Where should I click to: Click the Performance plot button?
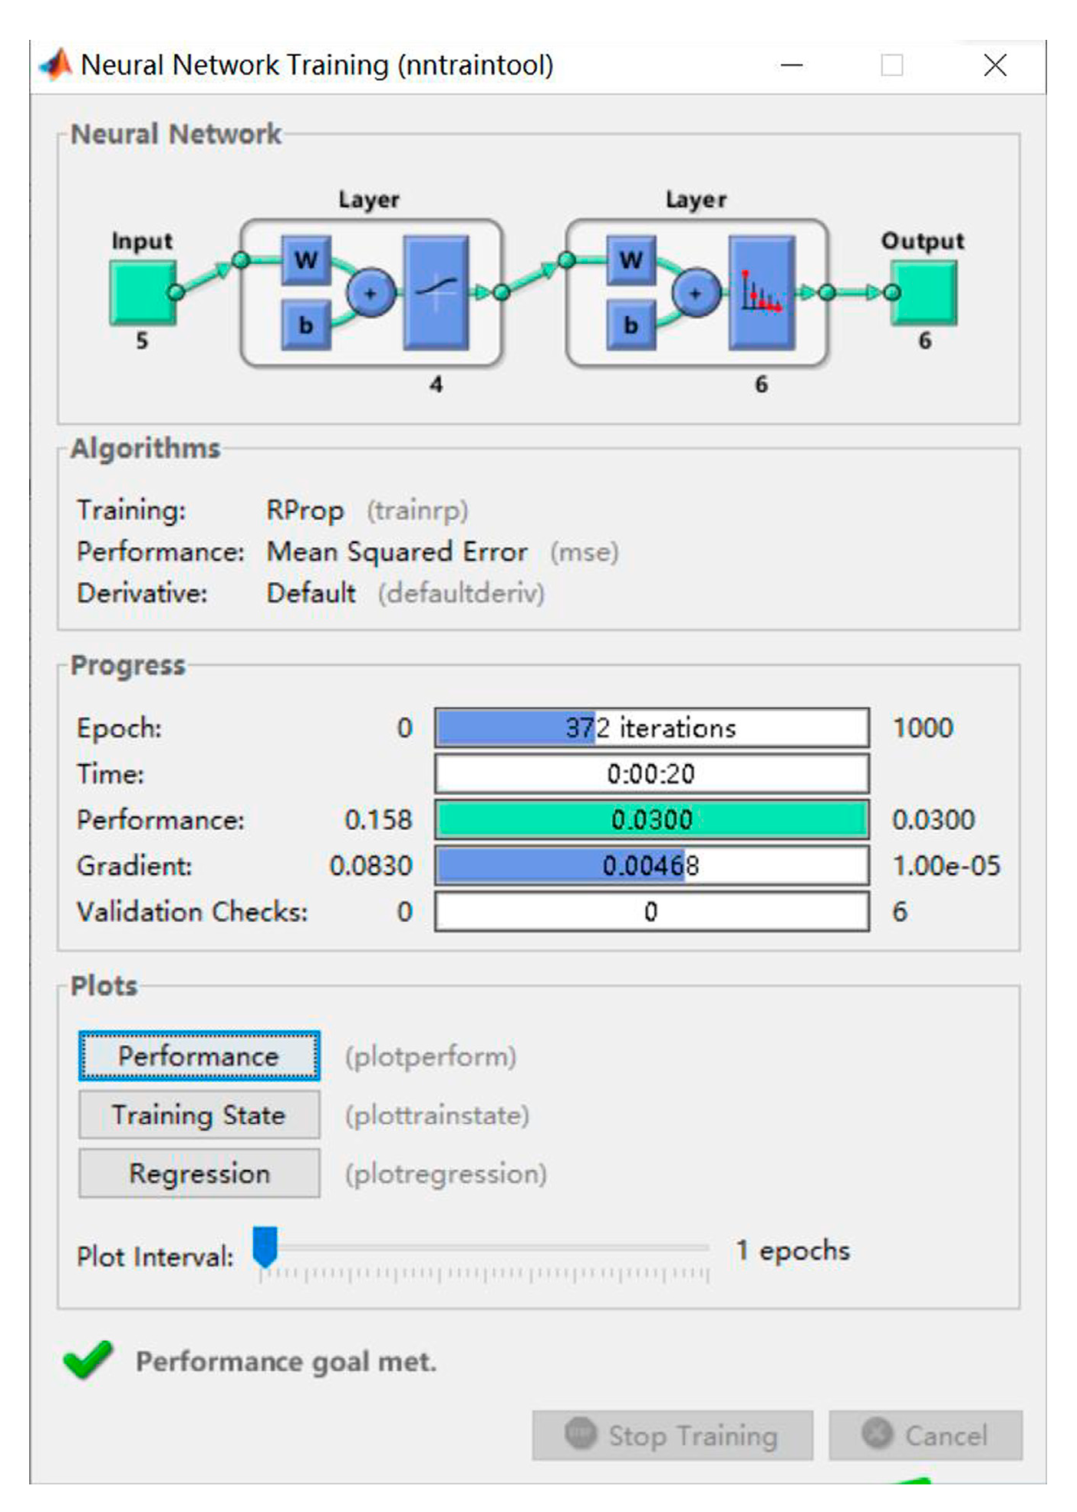click(x=199, y=1056)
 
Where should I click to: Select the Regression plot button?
click(x=199, y=1173)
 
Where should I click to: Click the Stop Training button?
click(x=672, y=1435)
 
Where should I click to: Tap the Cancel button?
click(x=925, y=1435)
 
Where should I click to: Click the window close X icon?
click(x=995, y=65)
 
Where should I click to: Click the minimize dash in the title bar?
click(x=792, y=65)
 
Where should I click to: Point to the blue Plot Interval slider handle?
click(x=265, y=1247)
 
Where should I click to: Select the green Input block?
click(x=142, y=292)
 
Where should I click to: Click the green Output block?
click(x=925, y=292)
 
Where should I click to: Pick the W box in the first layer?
click(x=306, y=260)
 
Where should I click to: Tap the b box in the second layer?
click(x=631, y=325)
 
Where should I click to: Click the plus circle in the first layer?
click(x=371, y=293)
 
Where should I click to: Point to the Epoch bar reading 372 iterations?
click(x=651, y=727)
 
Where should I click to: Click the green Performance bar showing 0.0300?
click(x=651, y=819)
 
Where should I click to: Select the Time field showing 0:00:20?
click(x=651, y=773)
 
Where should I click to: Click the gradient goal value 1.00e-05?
click(x=946, y=865)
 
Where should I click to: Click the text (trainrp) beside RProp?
click(x=417, y=510)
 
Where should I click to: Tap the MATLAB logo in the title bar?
click(x=56, y=65)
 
